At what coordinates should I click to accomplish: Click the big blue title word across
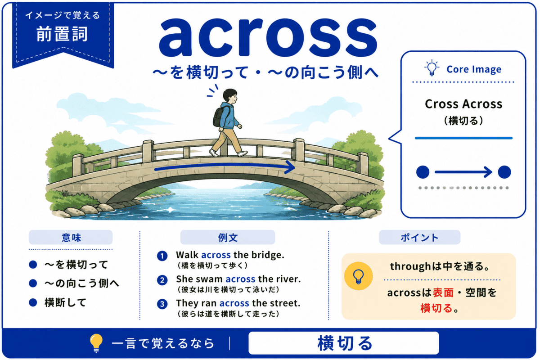268,38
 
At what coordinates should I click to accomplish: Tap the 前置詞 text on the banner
62,34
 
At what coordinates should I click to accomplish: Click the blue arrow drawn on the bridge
225,166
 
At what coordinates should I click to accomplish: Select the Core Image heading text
474,69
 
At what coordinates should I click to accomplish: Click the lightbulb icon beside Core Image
432,68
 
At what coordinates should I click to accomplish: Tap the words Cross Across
463,104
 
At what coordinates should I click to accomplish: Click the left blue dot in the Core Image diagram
423,172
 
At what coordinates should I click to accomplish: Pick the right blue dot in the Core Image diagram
504,172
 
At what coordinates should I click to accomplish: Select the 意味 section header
71,237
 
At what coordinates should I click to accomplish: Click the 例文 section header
228,237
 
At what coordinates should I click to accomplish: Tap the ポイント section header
419,237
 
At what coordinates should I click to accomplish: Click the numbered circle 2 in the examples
162,280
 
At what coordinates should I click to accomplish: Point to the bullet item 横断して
65,302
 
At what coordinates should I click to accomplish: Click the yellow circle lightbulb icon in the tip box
358,276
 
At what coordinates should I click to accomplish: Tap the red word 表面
443,293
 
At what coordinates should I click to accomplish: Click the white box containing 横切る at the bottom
343,343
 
